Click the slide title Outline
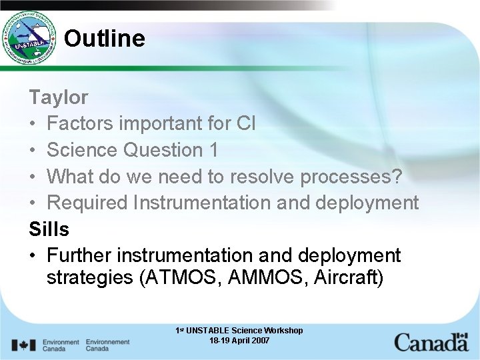[x=104, y=39]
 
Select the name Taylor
[x=59, y=97]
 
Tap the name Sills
[x=49, y=229]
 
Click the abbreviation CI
[x=245, y=124]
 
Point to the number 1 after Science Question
[x=213, y=151]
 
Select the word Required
[x=89, y=203]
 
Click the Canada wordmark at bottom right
[x=431, y=343]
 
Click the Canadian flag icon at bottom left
[x=24, y=345]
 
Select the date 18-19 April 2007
[x=239, y=341]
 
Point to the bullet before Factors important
[x=33, y=125]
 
